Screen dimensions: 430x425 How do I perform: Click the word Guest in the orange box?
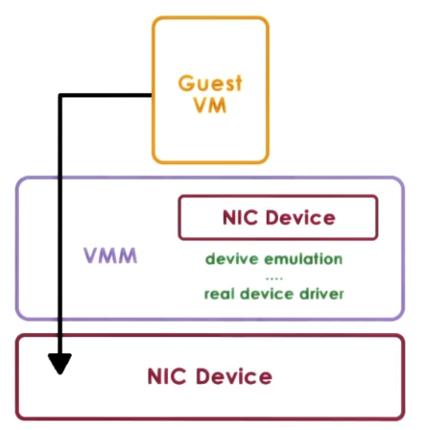(210, 83)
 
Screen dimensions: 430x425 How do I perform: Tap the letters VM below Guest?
(210, 106)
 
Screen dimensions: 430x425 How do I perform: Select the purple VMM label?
(110, 256)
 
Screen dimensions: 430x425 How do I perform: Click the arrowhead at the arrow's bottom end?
(60, 365)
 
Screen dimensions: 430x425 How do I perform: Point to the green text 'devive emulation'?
(273, 259)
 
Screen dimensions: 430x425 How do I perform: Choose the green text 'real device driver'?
(273, 294)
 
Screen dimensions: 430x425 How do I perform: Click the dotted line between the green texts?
(273, 276)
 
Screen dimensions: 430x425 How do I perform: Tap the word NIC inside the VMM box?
(241, 217)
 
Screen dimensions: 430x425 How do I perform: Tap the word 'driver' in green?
(321, 294)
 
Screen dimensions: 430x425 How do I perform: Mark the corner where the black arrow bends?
(60, 95)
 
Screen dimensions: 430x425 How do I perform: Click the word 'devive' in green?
(231, 259)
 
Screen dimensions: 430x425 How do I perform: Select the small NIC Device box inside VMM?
(277, 218)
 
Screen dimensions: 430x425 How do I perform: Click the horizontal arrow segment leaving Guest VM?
(106, 95)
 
